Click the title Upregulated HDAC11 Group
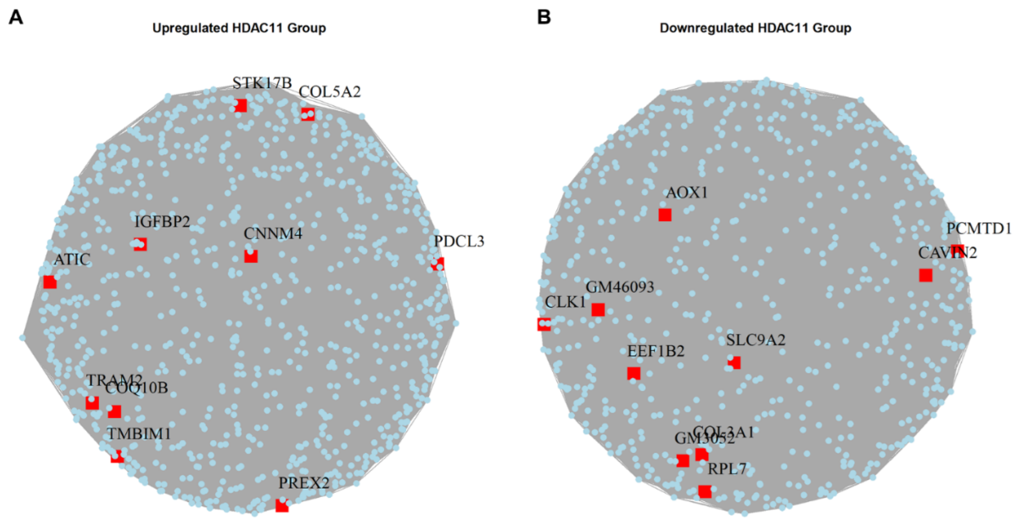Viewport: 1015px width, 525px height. pos(239,28)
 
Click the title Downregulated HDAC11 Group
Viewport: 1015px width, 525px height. pos(755,28)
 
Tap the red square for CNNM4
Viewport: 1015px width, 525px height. pos(251,256)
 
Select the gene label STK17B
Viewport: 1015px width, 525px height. pos(262,83)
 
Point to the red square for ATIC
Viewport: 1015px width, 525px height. pos(50,282)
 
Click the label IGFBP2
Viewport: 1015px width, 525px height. pos(162,222)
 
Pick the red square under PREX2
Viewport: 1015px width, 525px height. pos(282,505)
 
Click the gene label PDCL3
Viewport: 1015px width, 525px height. pos(459,241)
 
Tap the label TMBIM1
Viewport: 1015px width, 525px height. pos(139,434)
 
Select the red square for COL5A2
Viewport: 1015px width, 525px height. pos(308,114)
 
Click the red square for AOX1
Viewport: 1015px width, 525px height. pos(665,215)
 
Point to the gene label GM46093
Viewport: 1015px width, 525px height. pos(620,287)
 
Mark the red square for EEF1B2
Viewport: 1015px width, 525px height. pos(634,373)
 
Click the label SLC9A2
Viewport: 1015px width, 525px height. pos(756,340)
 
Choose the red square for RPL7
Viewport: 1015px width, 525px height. pos(705,491)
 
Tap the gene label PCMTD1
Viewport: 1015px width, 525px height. pos(979,229)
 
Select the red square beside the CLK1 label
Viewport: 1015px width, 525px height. pos(544,324)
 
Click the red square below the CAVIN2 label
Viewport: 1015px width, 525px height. pos(926,275)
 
